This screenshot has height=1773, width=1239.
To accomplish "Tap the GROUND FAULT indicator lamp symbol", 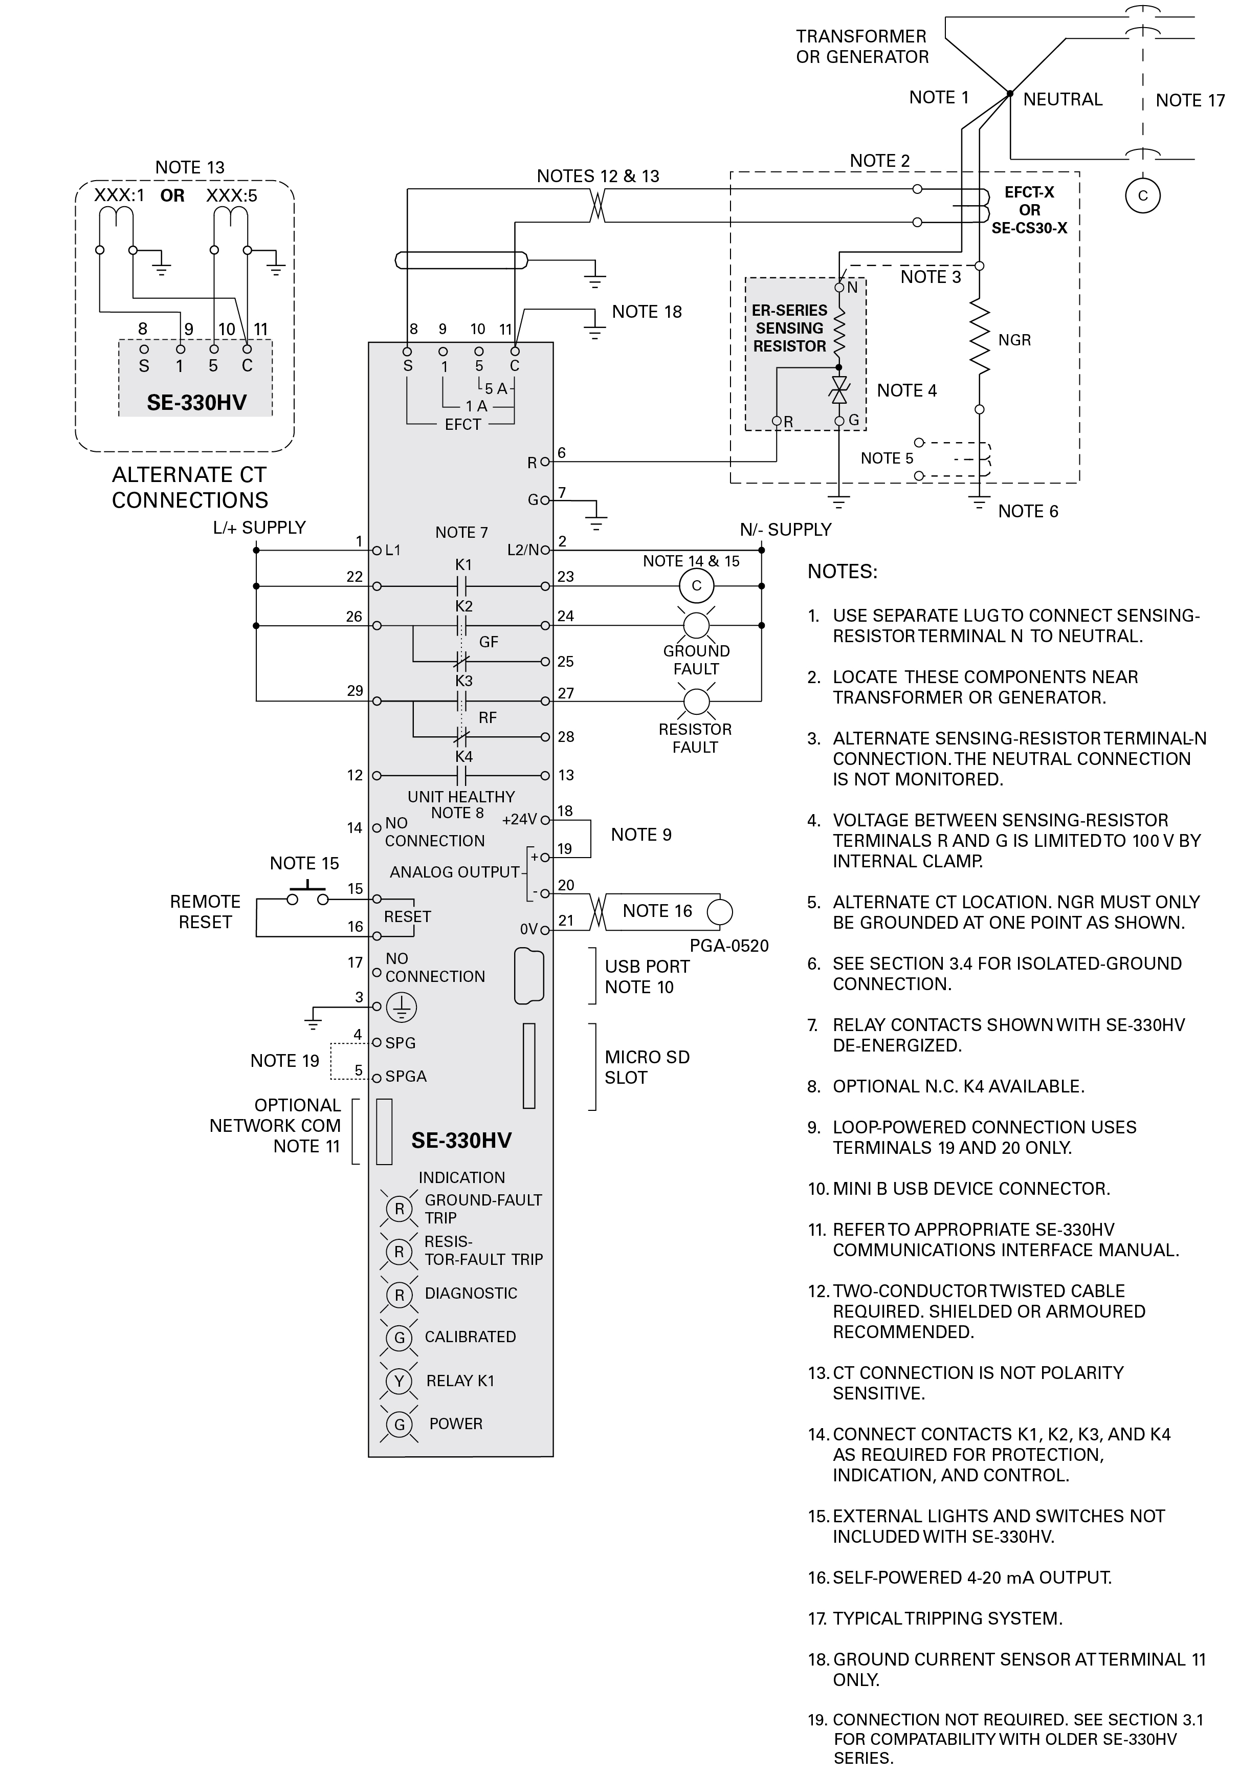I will (x=696, y=625).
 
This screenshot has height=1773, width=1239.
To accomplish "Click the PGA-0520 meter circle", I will (x=719, y=911).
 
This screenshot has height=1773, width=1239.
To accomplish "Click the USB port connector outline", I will (x=529, y=976).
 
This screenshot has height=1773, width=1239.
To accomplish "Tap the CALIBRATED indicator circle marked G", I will (x=399, y=1337).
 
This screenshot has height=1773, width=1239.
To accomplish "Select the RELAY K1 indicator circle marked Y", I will (x=399, y=1381).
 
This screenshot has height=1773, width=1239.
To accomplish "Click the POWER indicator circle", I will (x=399, y=1424).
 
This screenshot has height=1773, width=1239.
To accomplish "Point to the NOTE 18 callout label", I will (x=647, y=312).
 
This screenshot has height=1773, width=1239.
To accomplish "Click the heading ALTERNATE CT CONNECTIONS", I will (x=190, y=487).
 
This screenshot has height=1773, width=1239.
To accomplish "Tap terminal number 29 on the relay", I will (x=355, y=690).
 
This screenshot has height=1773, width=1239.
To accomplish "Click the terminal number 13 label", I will (x=566, y=775).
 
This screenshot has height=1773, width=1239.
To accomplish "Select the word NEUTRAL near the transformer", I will (x=1062, y=100).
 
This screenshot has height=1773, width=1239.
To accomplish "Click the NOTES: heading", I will (x=842, y=572).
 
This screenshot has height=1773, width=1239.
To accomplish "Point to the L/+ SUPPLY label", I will (x=259, y=528).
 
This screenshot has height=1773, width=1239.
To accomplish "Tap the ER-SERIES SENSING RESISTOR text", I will (x=789, y=328).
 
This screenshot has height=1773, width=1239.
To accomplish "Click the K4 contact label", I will (x=463, y=757).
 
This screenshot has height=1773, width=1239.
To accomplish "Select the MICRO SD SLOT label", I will (x=647, y=1067).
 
